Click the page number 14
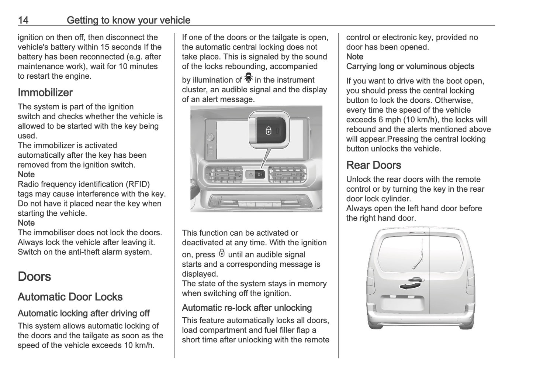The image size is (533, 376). pos(23,20)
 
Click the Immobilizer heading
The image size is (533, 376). pos(45,92)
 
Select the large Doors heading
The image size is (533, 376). pos(34,277)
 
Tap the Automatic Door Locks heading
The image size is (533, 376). pos(70,297)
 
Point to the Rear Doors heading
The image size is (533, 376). pos(373,165)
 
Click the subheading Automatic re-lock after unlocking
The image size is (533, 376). pos(247,308)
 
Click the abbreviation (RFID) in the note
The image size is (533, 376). pos(138,184)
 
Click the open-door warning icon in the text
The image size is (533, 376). pos(249,79)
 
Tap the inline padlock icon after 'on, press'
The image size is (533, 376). pos(221,254)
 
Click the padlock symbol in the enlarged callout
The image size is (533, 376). pos(269,130)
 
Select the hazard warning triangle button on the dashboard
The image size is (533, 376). pos(250,174)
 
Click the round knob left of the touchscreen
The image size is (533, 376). pos(210,137)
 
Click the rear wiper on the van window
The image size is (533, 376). pos(418,259)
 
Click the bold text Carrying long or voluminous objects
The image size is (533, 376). pos(410,66)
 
